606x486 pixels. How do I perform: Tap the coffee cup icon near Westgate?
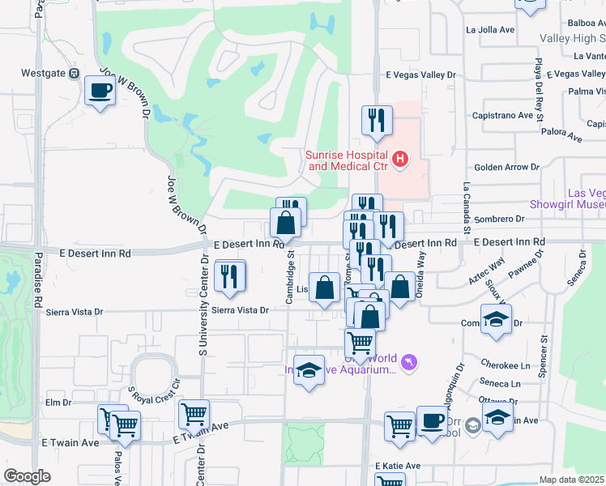tap(100, 91)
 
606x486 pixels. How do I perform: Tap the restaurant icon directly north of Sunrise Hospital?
tap(377, 121)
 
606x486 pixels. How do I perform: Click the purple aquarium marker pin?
tap(409, 361)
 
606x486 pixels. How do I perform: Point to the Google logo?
tap(27, 475)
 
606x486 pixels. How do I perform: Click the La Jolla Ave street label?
tap(490, 30)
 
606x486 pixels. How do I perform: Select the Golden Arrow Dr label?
tap(512, 167)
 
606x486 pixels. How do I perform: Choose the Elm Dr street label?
tap(59, 402)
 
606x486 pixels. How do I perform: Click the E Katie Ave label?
tap(397, 466)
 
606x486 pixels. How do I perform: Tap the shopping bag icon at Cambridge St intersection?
tap(286, 222)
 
